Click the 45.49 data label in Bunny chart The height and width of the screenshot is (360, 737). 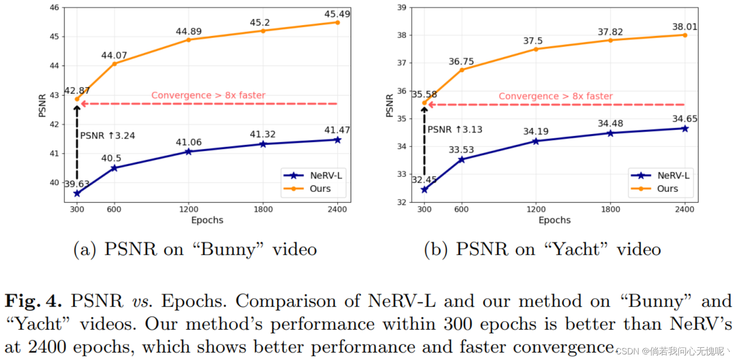tap(337, 14)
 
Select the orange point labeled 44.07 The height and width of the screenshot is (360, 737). tap(114, 64)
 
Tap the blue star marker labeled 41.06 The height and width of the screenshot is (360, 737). tap(189, 152)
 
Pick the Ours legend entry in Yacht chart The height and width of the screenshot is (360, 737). tap(667, 189)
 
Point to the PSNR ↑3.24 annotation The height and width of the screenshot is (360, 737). tap(108, 136)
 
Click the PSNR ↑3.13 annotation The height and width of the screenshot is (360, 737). tap(455, 130)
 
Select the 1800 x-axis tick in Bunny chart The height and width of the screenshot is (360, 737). tap(263, 209)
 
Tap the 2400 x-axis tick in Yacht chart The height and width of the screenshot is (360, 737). tap(684, 209)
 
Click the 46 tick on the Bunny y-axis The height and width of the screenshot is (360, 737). tap(54, 7)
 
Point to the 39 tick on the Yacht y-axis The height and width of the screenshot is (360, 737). tap(402, 7)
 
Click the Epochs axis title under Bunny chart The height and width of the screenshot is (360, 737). tap(207, 220)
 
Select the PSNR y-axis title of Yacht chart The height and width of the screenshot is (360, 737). tap(389, 105)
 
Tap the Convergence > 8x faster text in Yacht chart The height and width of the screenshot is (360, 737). tap(555, 96)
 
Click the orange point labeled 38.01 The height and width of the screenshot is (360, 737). tap(685, 35)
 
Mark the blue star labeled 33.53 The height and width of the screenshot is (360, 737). tap(461, 160)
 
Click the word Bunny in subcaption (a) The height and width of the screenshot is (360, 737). tap(228, 249)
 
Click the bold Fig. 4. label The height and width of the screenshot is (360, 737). tap(33, 301)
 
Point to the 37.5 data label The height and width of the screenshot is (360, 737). tap(533, 41)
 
